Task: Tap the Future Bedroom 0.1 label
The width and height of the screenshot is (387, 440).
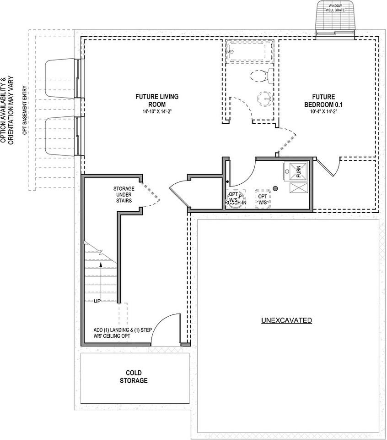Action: point(323,100)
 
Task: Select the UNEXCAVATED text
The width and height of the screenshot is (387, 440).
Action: point(286,320)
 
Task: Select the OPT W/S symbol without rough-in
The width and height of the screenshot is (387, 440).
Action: point(262,199)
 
